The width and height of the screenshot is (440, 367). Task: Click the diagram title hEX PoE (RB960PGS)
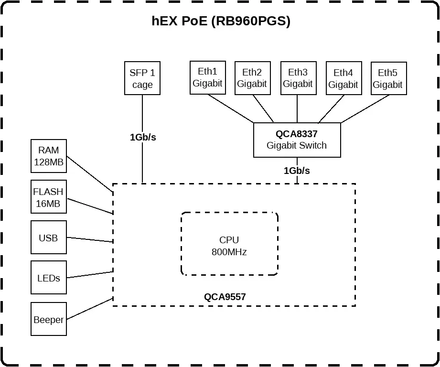[x=221, y=22]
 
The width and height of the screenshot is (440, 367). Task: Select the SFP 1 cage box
[x=142, y=78]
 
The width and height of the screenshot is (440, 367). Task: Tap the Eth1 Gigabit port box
[x=207, y=77]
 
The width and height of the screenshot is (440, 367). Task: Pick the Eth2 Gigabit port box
[x=252, y=78]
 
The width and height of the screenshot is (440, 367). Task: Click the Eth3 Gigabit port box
[x=298, y=78]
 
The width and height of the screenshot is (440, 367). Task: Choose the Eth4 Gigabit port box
[x=343, y=78]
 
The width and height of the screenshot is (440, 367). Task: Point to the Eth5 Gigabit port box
[x=388, y=78]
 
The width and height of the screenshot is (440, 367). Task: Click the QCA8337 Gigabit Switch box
[x=297, y=140]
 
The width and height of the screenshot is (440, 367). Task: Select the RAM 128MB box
[x=49, y=156]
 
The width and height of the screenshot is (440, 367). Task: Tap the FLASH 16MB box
[x=48, y=197]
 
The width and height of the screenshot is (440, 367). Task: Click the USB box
[x=48, y=237]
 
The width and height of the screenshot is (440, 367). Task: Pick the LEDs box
[x=48, y=278]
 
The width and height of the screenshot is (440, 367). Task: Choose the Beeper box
[x=48, y=319]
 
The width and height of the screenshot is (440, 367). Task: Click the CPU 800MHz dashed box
[x=229, y=244]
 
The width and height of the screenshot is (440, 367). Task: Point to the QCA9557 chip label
[x=225, y=297]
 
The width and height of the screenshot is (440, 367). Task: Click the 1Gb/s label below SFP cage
[x=143, y=137]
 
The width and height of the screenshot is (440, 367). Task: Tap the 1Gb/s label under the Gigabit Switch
[x=297, y=171]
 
